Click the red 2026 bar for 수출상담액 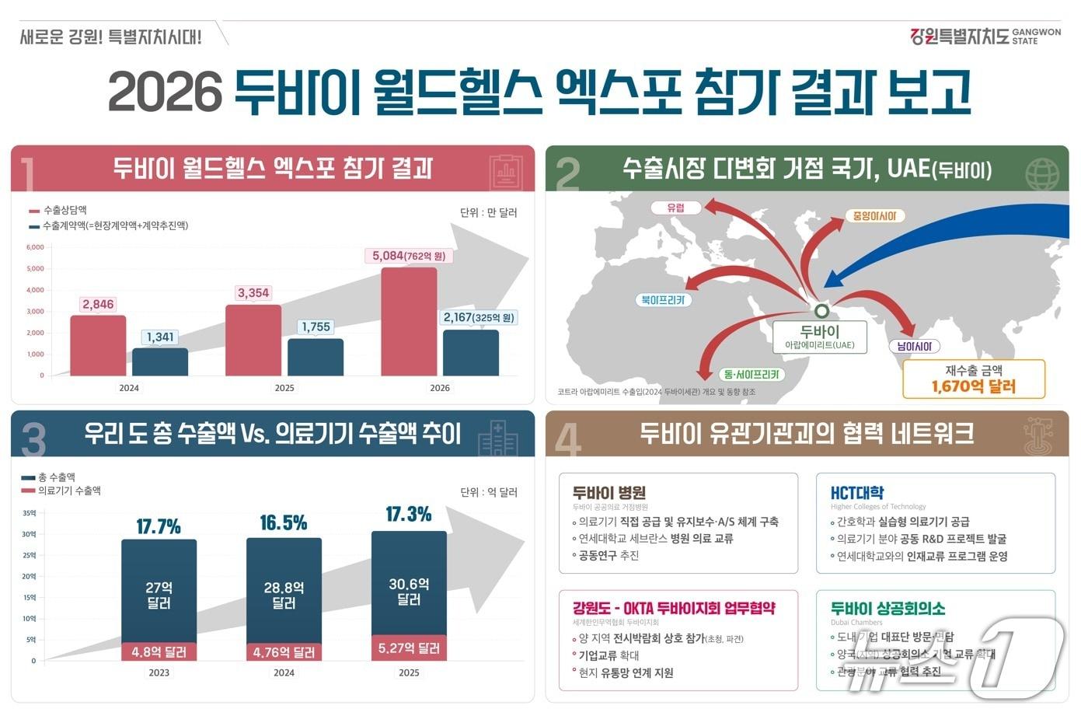click(x=409, y=322)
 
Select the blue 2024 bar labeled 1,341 click(x=160, y=361)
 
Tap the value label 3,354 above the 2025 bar click(x=253, y=293)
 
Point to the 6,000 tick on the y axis click(x=35, y=247)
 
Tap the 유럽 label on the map click(x=675, y=208)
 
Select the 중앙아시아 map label click(x=874, y=216)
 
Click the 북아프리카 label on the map click(x=662, y=299)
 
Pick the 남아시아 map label click(x=914, y=346)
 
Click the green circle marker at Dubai click(x=821, y=311)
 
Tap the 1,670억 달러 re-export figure click(x=973, y=386)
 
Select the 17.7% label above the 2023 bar click(x=159, y=527)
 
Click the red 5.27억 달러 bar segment click(x=409, y=648)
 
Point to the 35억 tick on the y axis click(x=29, y=513)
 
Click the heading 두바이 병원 click(x=608, y=492)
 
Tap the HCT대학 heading click(x=856, y=492)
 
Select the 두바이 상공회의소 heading click(x=887, y=608)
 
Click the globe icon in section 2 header click(x=1041, y=173)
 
